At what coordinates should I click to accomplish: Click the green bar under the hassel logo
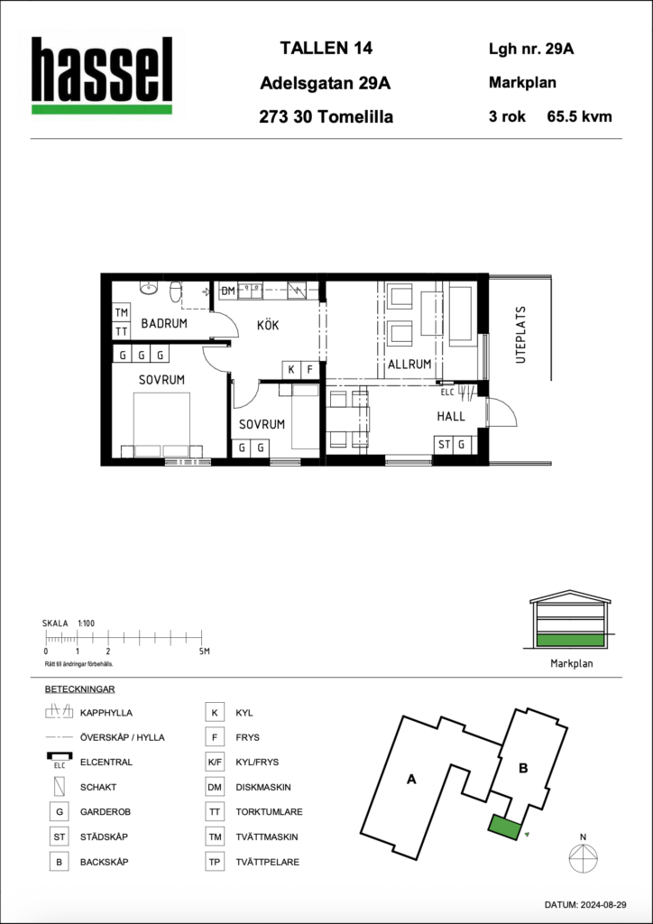click(102, 109)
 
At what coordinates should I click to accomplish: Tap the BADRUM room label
click(164, 324)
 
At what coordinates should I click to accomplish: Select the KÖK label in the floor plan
click(267, 325)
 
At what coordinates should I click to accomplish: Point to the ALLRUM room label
click(409, 365)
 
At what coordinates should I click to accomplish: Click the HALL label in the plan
click(450, 417)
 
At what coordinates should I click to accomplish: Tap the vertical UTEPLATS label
click(520, 335)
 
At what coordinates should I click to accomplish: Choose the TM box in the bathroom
click(121, 313)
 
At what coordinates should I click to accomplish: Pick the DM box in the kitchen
click(228, 291)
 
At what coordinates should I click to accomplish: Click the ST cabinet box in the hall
click(444, 445)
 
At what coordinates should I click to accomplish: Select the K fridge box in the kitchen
click(291, 370)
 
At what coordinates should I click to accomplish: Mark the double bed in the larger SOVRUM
click(162, 425)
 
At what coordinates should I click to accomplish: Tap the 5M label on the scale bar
click(204, 651)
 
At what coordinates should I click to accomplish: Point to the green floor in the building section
click(570, 641)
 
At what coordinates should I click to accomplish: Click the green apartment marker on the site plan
click(504, 827)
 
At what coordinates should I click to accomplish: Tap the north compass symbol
click(583, 855)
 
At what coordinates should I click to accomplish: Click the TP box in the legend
click(214, 862)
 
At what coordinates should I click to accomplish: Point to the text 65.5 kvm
click(579, 116)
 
